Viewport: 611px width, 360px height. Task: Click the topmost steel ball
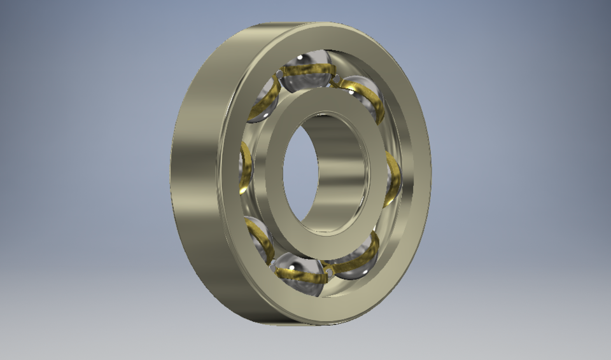click(x=306, y=70)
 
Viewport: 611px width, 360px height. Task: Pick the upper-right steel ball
click(x=363, y=95)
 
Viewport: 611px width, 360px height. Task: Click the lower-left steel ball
click(x=258, y=239)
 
